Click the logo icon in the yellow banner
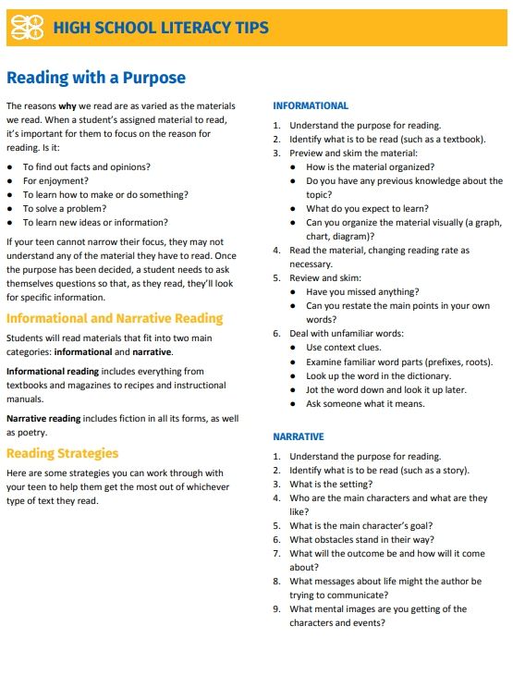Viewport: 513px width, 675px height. (26, 28)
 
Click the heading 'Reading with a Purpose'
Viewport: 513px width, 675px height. (96, 78)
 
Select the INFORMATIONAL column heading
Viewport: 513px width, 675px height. (311, 105)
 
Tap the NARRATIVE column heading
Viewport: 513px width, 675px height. (298, 436)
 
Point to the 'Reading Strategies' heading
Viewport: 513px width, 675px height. (62, 453)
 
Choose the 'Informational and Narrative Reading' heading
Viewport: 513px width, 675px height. (115, 318)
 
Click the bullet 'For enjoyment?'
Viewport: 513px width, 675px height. (56, 181)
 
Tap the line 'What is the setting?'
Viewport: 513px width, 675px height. (331, 485)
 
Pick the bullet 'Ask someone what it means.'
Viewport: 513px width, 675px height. (365, 404)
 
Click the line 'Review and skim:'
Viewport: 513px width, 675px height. (325, 277)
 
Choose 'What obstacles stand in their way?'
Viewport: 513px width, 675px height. (361, 540)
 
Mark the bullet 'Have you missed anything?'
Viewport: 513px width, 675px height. (362, 292)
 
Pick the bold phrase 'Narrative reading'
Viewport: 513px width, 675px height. (43, 419)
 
